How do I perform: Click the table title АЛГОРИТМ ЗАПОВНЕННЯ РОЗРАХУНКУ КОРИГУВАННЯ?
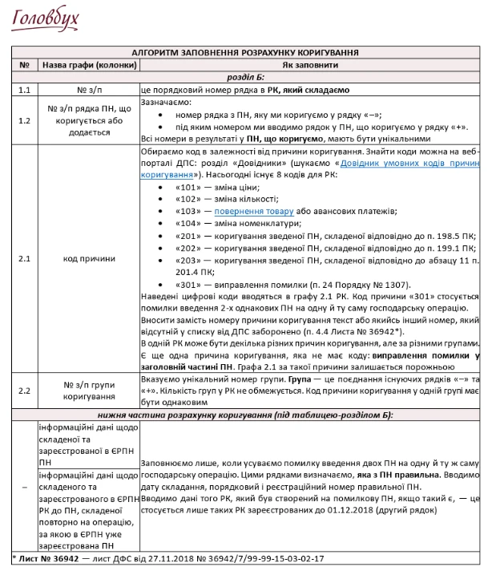(245, 52)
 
